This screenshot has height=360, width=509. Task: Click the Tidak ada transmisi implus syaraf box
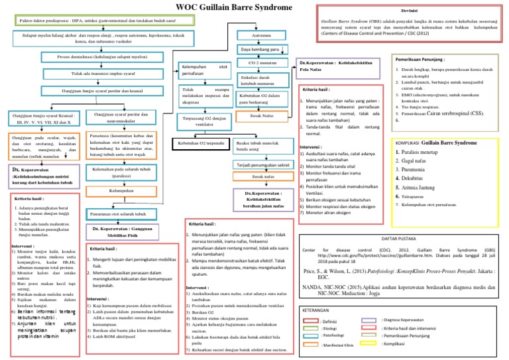coord(95,74)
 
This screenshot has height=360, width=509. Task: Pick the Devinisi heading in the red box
coord(409,12)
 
